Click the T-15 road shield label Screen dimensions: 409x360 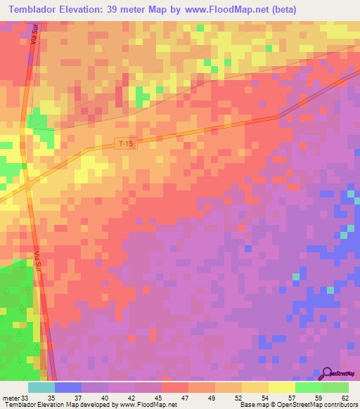(125, 143)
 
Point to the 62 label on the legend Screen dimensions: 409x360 (345, 397)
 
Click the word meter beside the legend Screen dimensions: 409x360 (12, 397)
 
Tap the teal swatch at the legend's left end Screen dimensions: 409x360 (41, 387)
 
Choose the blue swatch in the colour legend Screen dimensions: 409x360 (67, 387)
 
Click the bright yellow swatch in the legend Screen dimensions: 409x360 (281, 387)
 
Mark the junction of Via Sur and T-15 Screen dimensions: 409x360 (27, 185)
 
